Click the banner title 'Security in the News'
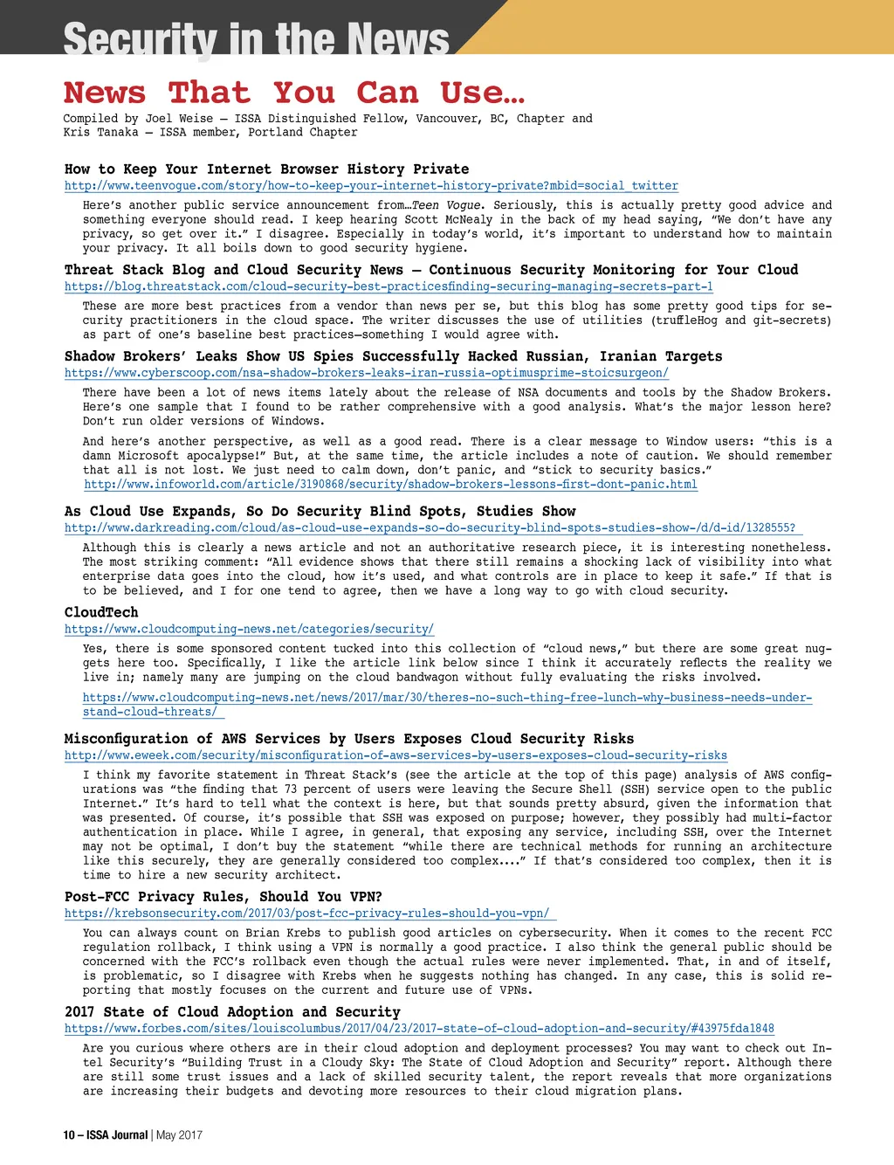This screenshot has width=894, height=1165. coord(256,39)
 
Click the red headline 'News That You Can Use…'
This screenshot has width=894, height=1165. coord(294,93)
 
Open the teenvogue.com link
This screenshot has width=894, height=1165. coord(371,186)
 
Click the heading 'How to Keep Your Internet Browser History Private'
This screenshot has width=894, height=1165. coord(266,169)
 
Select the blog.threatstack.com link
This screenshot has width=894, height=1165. coord(389,286)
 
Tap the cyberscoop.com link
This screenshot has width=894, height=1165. coord(366,373)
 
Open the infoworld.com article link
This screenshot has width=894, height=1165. coord(390,485)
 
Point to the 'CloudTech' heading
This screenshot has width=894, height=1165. coord(101,612)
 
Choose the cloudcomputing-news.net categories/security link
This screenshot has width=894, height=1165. coord(249,629)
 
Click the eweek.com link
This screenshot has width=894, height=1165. coord(395,755)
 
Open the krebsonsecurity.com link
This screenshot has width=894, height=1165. coord(306,913)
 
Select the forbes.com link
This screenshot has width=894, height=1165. coord(419,1029)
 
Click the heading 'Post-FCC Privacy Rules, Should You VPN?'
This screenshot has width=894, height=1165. coord(223,897)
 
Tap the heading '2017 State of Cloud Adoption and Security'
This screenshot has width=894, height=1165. coord(232,1012)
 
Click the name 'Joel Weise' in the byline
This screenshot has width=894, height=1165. coord(179,119)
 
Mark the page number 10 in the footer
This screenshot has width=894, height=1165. coord(69,1135)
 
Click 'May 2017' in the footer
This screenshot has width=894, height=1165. coord(180,1135)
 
